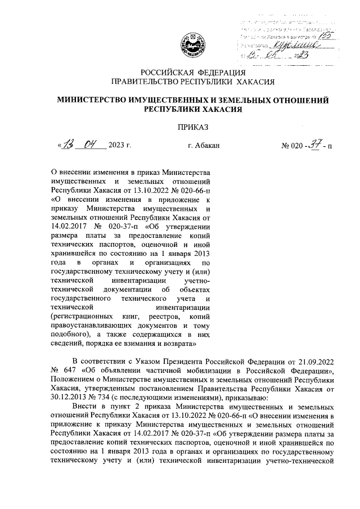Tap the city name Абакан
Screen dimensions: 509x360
204,146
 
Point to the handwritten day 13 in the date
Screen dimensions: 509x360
70,145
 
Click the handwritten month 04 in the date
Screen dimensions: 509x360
91,145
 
